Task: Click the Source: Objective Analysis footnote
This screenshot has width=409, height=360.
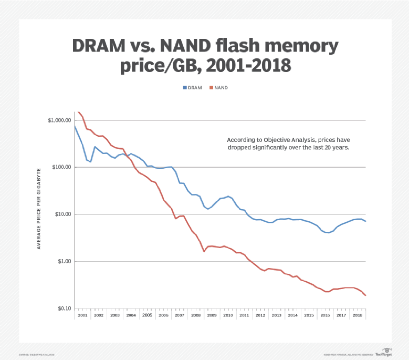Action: pos(37,355)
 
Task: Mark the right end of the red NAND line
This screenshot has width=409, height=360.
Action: pos(365,295)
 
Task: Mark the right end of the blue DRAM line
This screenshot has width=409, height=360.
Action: pos(365,221)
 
